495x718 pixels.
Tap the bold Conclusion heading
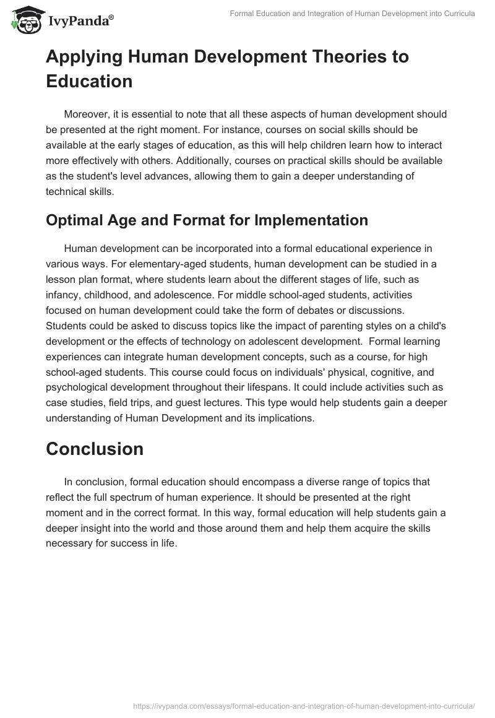95,449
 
